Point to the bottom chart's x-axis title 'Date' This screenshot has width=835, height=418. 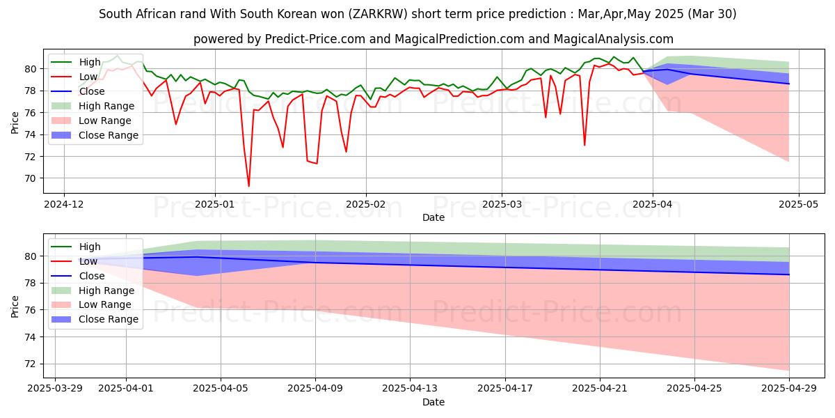point(433,402)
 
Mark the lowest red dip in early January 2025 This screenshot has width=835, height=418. point(248,186)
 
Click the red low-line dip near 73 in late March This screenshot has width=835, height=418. point(584,145)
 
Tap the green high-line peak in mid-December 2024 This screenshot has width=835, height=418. point(118,55)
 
